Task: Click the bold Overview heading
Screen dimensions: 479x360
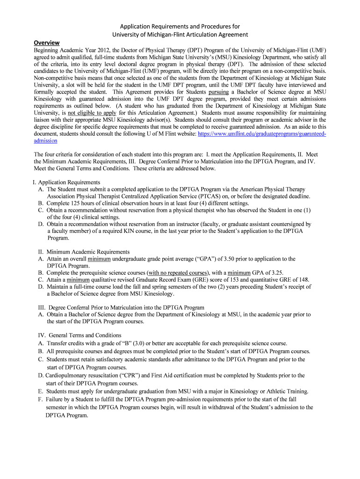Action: click(46, 43)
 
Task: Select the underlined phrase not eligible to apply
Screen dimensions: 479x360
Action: click(93, 113)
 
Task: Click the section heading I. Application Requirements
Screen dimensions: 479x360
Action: click(69, 182)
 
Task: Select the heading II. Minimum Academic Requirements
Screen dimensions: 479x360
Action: click(84, 252)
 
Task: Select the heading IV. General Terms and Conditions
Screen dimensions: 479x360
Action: click(79, 335)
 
